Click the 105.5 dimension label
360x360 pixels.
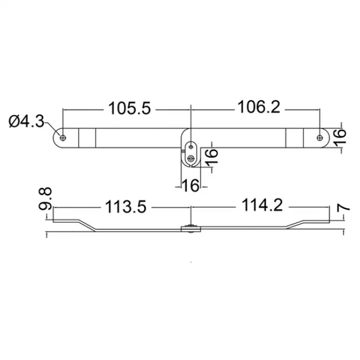[130, 108]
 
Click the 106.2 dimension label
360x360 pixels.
[258, 107]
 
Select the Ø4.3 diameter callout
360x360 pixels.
[27, 121]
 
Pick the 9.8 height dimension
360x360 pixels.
[47, 199]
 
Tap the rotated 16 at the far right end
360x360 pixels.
[341, 135]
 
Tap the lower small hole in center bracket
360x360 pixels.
[191, 159]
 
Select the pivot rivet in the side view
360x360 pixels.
[191, 228]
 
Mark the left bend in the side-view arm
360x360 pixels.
[86, 224]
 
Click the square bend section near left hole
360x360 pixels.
[87, 137]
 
